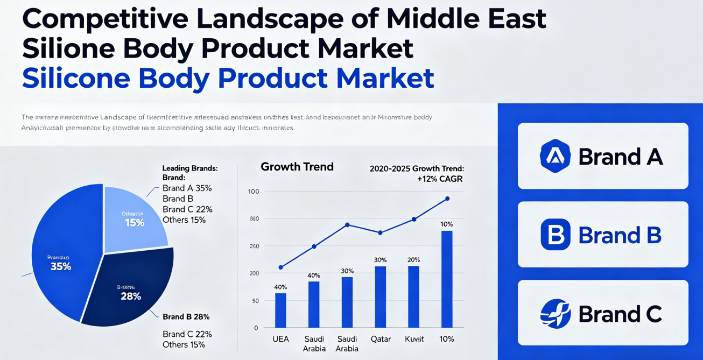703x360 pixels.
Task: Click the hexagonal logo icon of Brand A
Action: click(555, 156)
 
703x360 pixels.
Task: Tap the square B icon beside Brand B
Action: click(555, 235)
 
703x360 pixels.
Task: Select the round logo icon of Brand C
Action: click(555, 314)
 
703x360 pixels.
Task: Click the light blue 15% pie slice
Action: click(135, 218)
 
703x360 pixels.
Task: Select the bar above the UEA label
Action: click(280, 310)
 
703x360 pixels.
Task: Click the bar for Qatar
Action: click(380, 297)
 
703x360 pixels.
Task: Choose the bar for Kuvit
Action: click(413, 297)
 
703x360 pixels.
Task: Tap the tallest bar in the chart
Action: click(447, 279)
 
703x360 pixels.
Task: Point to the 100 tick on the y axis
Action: click(254, 192)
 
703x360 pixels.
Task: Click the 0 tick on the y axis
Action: click(256, 328)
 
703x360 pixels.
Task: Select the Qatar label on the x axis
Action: click(380, 339)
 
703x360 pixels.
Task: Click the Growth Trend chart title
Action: click(297, 167)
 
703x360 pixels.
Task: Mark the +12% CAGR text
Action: click(440, 179)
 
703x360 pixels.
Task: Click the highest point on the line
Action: click(447, 199)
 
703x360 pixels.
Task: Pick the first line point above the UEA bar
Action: click(280, 267)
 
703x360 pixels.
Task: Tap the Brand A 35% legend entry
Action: click(187, 188)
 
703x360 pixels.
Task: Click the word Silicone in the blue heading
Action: click(76, 79)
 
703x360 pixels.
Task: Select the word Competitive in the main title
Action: click(106, 19)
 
